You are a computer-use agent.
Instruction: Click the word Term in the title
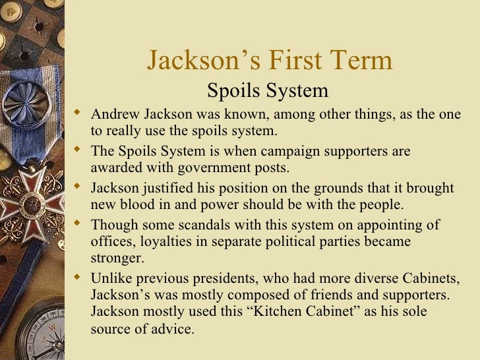[x=359, y=61]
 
